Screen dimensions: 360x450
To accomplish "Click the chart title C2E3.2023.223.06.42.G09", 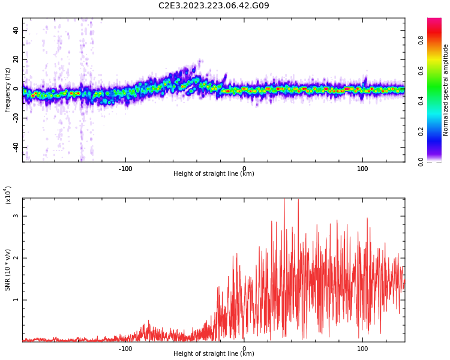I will tap(214, 6).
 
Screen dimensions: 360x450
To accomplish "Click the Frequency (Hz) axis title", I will tap(8, 90).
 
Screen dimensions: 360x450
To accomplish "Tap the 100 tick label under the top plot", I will tap(362, 169).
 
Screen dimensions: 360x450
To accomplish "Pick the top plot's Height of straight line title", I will tap(214, 174).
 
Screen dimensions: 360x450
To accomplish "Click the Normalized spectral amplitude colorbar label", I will tap(446, 90).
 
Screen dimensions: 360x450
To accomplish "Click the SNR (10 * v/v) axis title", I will tap(8, 270).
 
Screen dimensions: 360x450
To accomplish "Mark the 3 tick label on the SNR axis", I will tap(16, 216).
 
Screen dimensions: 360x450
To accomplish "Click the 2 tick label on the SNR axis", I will tap(16, 258).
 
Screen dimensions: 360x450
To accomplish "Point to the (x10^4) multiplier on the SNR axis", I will tap(8, 195).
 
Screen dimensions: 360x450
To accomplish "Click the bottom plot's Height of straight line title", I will tap(214, 354).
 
